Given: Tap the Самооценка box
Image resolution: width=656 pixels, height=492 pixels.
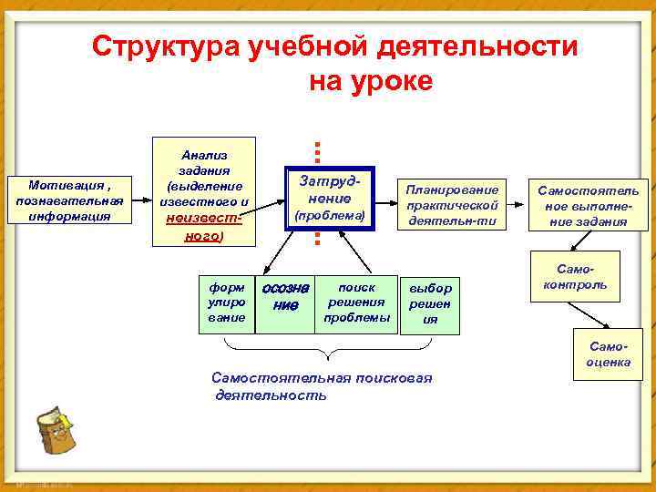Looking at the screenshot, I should [x=609, y=355].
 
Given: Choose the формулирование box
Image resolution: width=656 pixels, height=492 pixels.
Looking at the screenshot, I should [x=226, y=302].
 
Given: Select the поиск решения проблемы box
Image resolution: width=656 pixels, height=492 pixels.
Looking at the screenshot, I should [x=356, y=302].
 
